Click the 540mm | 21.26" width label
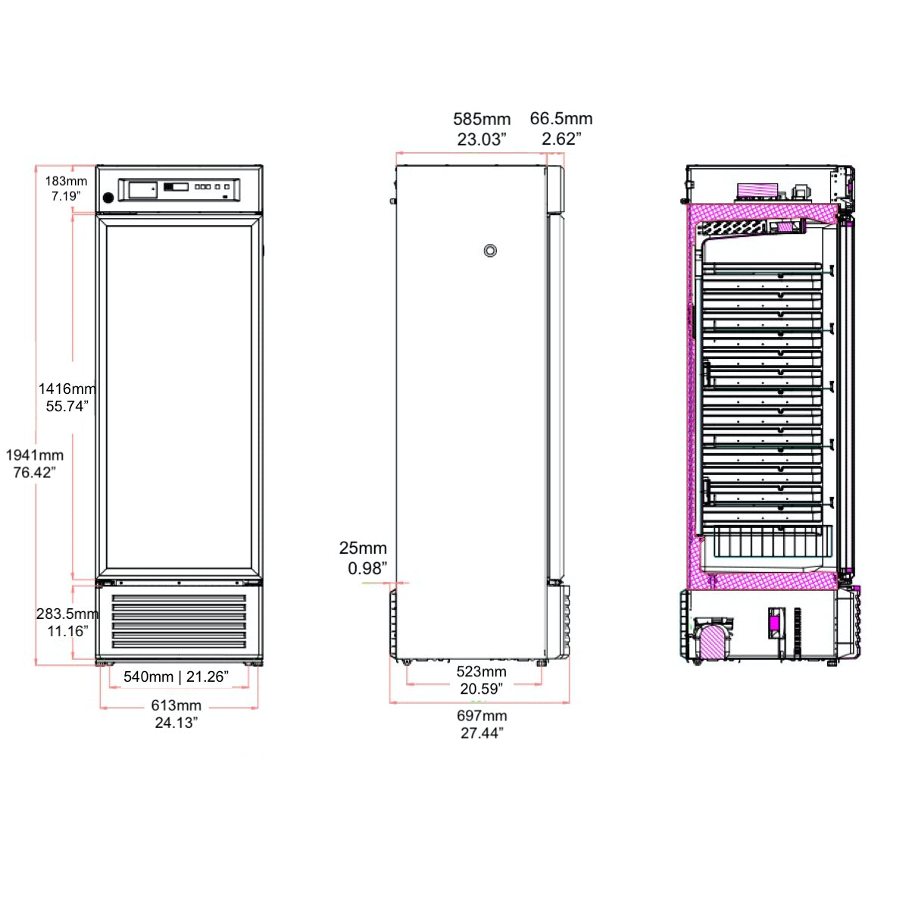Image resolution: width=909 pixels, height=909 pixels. tap(176, 676)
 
